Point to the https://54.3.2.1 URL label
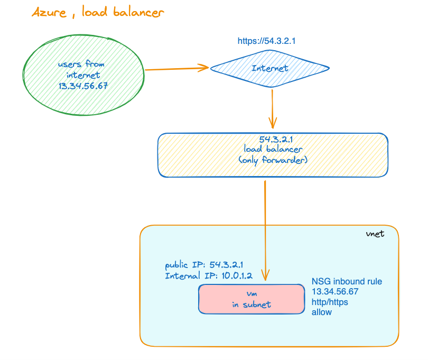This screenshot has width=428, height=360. [x=269, y=40]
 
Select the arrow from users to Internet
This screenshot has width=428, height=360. [x=177, y=68]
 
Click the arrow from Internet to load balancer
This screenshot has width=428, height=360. [x=272, y=108]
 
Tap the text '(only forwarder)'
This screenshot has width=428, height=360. [x=272, y=159]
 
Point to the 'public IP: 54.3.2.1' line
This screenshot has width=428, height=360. [x=203, y=265]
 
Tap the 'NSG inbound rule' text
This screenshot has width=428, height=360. [x=347, y=281]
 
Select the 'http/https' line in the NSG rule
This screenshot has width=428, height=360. [x=330, y=302]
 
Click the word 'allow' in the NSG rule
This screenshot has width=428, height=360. [x=322, y=312]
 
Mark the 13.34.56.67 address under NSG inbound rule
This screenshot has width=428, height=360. [x=335, y=292]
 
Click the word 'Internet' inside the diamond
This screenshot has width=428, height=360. [x=270, y=68]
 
